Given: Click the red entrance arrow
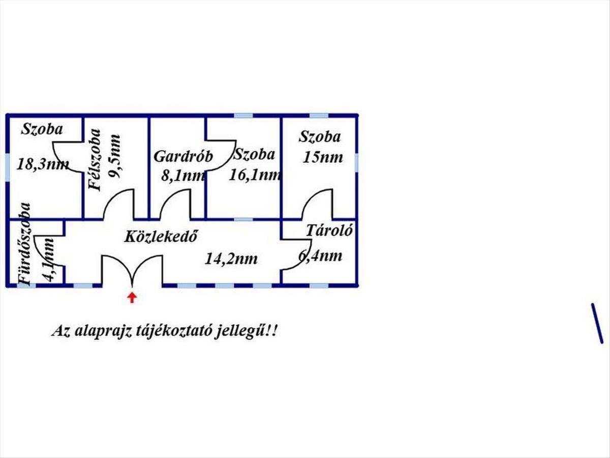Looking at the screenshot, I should click(x=132, y=297).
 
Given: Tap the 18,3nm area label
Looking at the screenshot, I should click(x=43, y=164).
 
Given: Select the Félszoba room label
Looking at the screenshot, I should click(x=95, y=159).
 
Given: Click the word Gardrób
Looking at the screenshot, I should click(x=183, y=156).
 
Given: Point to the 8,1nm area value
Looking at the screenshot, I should click(x=183, y=176).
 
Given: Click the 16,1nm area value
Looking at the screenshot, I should click(x=255, y=175).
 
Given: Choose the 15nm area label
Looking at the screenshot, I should click(x=322, y=157).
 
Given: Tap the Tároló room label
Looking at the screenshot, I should click(x=329, y=231).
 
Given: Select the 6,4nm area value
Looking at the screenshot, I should click(x=320, y=255).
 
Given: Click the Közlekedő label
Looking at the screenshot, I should click(x=161, y=236).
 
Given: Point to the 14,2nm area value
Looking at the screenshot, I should click(x=231, y=259).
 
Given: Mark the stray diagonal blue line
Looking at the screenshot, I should click(x=597, y=324).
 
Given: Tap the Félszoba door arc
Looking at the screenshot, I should click(x=119, y=204).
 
